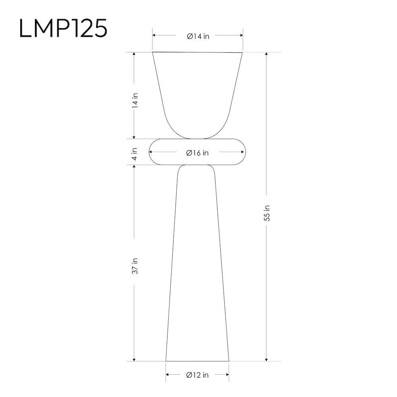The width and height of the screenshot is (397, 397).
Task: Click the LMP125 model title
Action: tap(63, 28)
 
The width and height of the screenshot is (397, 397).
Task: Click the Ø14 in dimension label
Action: tap(198, 36)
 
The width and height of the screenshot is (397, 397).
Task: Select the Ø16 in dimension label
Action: tap(197, 153)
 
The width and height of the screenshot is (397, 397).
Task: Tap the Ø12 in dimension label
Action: tap(197, 375)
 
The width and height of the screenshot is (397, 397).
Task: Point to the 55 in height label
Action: tap(267, 213)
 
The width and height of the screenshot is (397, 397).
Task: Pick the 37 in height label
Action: tap(135, 266)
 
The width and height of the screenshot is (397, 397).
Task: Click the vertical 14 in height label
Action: tap(135, 100)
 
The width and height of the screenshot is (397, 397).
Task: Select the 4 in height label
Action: tap(135, 154)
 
